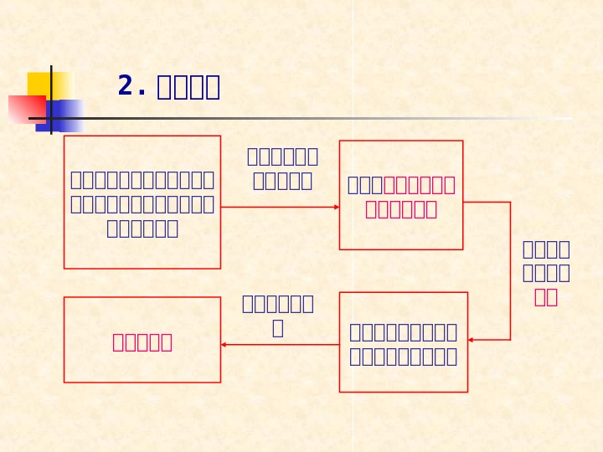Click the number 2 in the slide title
tap(126, 85)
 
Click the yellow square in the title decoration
tap(49, 85)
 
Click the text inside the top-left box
tap(142, 203)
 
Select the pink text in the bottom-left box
tap(142, 342)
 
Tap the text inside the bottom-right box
tap(403, 343)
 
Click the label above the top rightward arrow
tap(282, 168)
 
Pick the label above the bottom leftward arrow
tap(277, 315)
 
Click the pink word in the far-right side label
tap(545, 296)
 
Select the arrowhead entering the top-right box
tap(335, 207)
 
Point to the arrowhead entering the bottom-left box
tap(224, 344)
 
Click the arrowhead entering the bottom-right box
tap(472, 340)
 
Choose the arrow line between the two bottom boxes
tap(281, 344)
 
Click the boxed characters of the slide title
tap(188, 86)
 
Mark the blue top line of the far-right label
tap(545, 249)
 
